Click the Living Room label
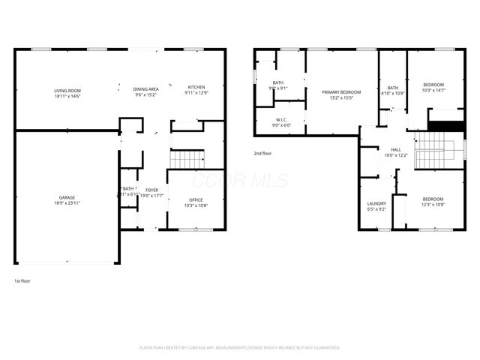point(67,91)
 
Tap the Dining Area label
point(145,88)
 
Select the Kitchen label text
point(196,87)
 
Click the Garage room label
point(67,197)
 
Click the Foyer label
point(151,190)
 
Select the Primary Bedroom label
point(341,92)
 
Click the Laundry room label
point(376,203)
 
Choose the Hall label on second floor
point(395,149)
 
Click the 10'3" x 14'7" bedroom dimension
point(433,91)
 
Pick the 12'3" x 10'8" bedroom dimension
point(433,205)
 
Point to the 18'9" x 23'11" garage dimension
point(67,203)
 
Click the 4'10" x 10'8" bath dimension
point(393,94)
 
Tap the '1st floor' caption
point(22,280)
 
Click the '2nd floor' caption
point(262,153)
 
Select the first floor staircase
point(187,159)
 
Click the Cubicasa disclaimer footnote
point(240,348)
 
